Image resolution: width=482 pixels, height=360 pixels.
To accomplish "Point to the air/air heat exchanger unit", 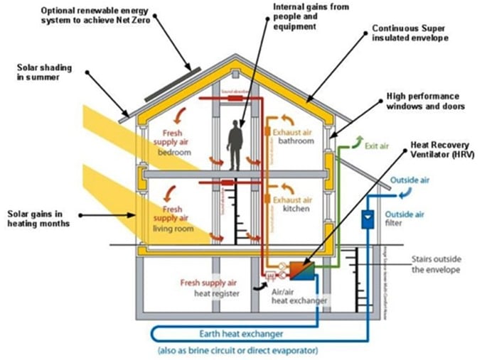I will [x=303, y=271].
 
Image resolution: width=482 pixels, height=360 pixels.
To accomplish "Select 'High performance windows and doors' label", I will [x=422, y=101].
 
